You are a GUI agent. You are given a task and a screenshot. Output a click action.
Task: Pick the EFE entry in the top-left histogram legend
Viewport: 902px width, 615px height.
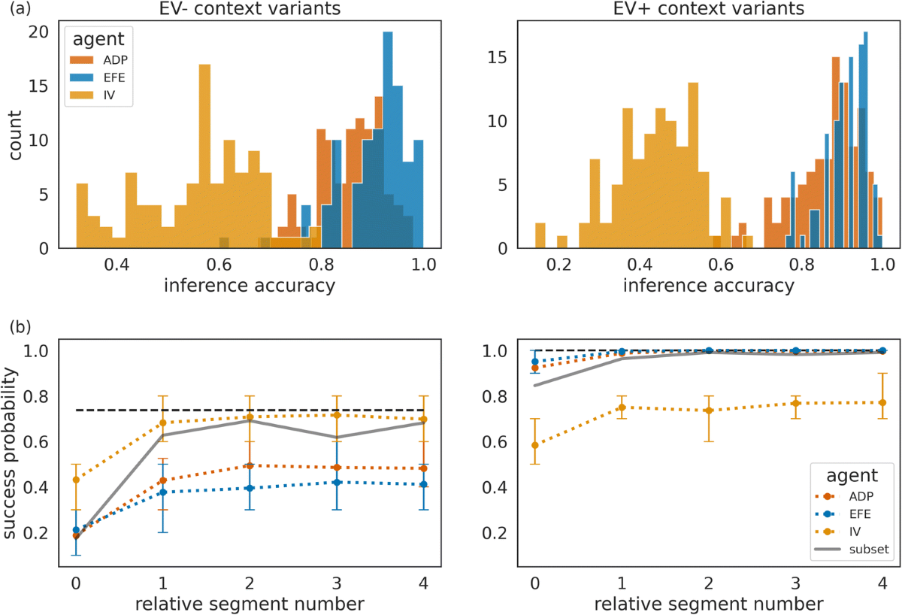99,80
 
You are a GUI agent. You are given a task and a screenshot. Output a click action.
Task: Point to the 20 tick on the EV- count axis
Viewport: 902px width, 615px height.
38,32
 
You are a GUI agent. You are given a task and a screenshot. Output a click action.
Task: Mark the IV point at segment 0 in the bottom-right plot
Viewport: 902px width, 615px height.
535,445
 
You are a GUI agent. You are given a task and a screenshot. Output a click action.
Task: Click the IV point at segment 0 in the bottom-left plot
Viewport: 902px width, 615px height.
76,480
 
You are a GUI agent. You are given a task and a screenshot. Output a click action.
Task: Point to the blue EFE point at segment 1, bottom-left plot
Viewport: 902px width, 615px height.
163,492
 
